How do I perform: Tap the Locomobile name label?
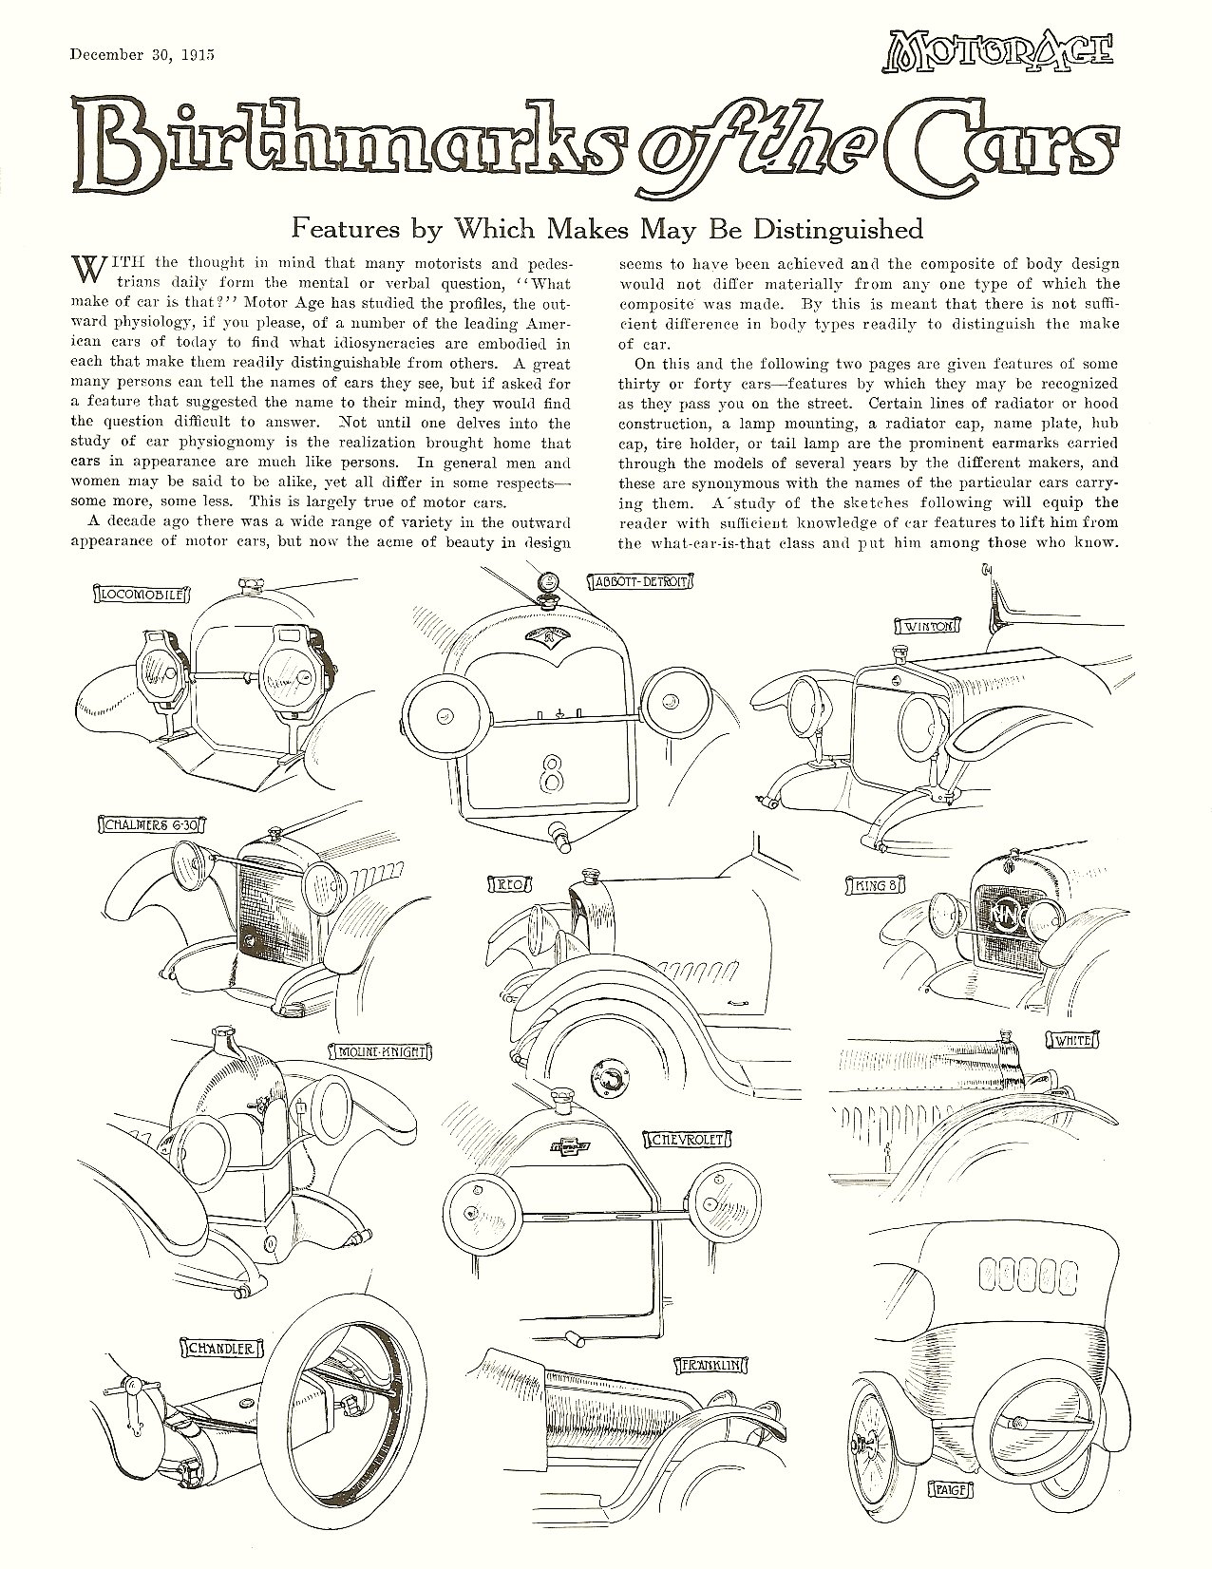[145, 595]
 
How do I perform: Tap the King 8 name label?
[872, 885]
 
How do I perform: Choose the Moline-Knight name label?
[380, 1051]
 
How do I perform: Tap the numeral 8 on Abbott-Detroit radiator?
[548, 772]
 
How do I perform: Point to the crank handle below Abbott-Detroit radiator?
[561, 840]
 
